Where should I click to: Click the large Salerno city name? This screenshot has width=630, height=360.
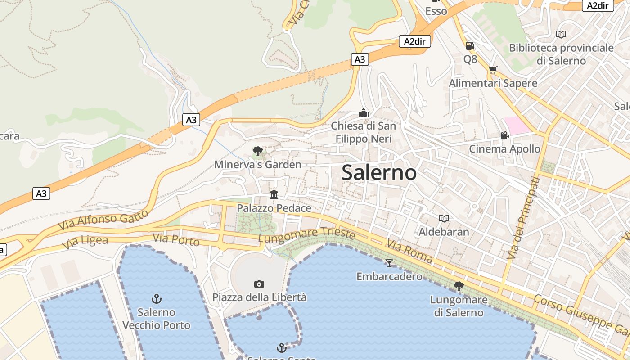pyautogui.click(x=379, y=172)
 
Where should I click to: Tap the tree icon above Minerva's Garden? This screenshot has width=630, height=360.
pyautogui.click(x=257, y=151)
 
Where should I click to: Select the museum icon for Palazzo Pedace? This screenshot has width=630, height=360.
pyautogui.click(x=274, y=194)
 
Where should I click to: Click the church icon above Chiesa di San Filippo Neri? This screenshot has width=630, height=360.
pyautogui.click(x=364, y=112)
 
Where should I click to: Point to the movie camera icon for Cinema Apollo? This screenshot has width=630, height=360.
pyautogui.click(x=504, y=135)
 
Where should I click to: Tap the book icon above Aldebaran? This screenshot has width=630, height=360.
pyautogui.click(x=444, y=218)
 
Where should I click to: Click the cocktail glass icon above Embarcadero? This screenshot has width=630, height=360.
pyautogui.click(x=389, y=263)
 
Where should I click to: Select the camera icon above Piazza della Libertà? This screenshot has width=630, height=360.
pyautogui.click(x=259, y=284)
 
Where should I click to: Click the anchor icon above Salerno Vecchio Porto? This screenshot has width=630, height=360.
pyautogui.click(x=157, y=298)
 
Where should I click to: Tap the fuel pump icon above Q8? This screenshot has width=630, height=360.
pyautogui.click(x=470, y=45)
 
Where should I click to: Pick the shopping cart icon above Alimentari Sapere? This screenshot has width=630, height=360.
pyautogui.click(x=493, y=70)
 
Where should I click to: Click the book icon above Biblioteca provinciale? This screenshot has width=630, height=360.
pyautogui.click(x=561, y=34)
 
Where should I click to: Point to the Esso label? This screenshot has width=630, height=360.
pyautogui.click(x=436, y=11)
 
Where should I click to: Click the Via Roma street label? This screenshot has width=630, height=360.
pyautogui.click(x=409, y=252)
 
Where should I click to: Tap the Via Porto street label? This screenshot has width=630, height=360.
pyautogui.click(x=176, y=240)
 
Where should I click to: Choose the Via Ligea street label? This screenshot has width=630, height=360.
pyautogui.click(x=85, y=242)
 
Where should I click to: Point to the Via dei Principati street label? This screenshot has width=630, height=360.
pyautogui.click(x=522, y=218)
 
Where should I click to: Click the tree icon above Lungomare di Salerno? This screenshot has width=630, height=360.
pyautogui.click(x=459, y=286)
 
